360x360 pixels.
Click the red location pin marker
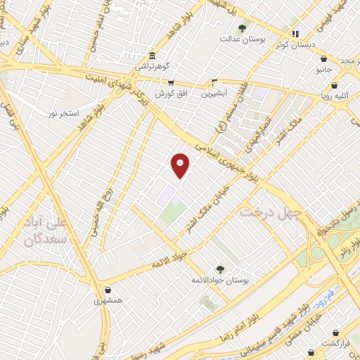point(181,165)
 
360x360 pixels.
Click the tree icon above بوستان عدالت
point(243,28)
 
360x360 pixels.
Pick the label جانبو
point(323,70)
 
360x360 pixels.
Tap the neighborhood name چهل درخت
point(271,211)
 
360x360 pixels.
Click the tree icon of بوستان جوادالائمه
point(220,269)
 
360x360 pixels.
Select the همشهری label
point(108,300)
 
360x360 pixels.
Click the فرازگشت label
point(335,342)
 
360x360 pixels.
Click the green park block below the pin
point(173,214)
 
